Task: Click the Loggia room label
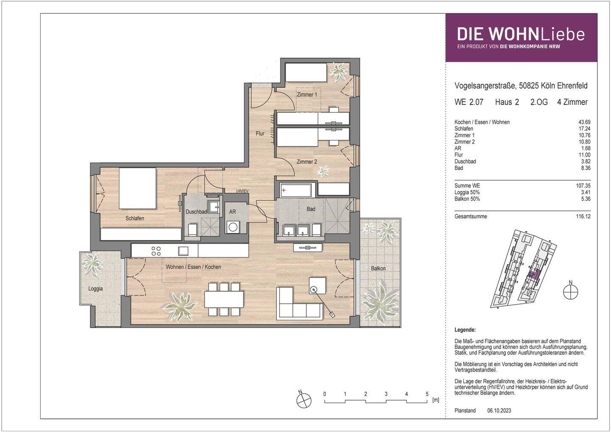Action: click(95, 289)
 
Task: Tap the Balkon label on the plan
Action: click(378, 268)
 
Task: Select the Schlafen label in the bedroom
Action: click(135, 218)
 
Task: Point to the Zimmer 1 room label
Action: click(307, 95)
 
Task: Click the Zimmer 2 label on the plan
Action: click(307, 162)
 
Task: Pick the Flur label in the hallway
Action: click(260, 133)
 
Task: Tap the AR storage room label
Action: click(233, 211)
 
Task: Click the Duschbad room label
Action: click(196, 211)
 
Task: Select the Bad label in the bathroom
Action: click(311, 209)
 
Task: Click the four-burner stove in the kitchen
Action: click(156, 250)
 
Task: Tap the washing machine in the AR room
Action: click(233, 227)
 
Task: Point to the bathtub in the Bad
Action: click(296, 191)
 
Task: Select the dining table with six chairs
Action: click(224, 299)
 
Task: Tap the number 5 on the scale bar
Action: click(427, 394)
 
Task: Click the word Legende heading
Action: click(465, 330)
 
